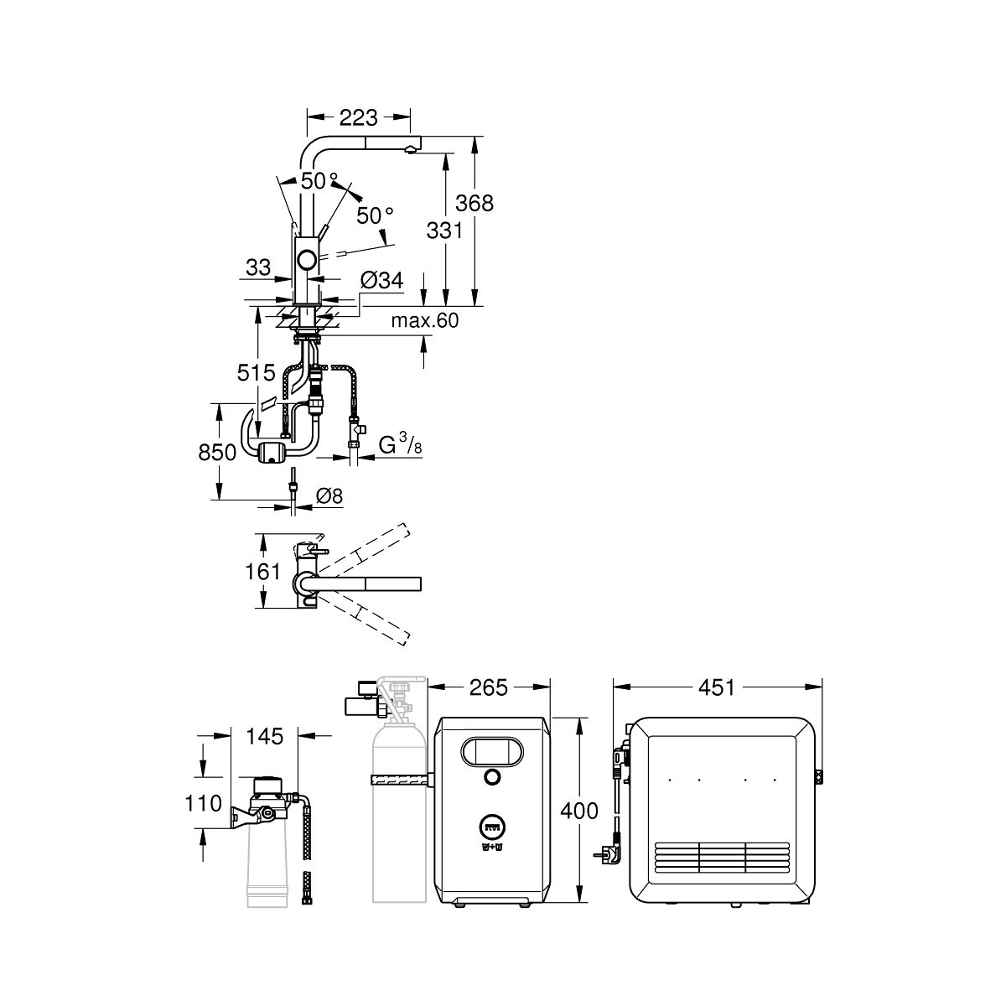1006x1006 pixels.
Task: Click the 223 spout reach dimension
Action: [x=359, y=117]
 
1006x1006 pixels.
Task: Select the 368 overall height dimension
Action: [x=475, y=202]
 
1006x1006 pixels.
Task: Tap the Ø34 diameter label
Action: [x=381, y=280]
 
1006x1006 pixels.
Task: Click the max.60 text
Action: [x=425, y=320]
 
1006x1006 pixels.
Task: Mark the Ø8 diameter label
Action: [x=329, y=495]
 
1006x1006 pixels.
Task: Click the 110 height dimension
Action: [x=202, y=803]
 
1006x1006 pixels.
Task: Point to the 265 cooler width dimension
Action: [x=489, y=687]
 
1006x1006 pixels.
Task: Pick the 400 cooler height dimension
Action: [x=581, y=811]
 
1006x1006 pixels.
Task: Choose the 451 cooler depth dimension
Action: [x=717, y=687]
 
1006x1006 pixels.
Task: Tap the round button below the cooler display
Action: [x=491, y=777]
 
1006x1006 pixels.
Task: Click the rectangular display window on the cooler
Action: [x=491, y=750]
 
